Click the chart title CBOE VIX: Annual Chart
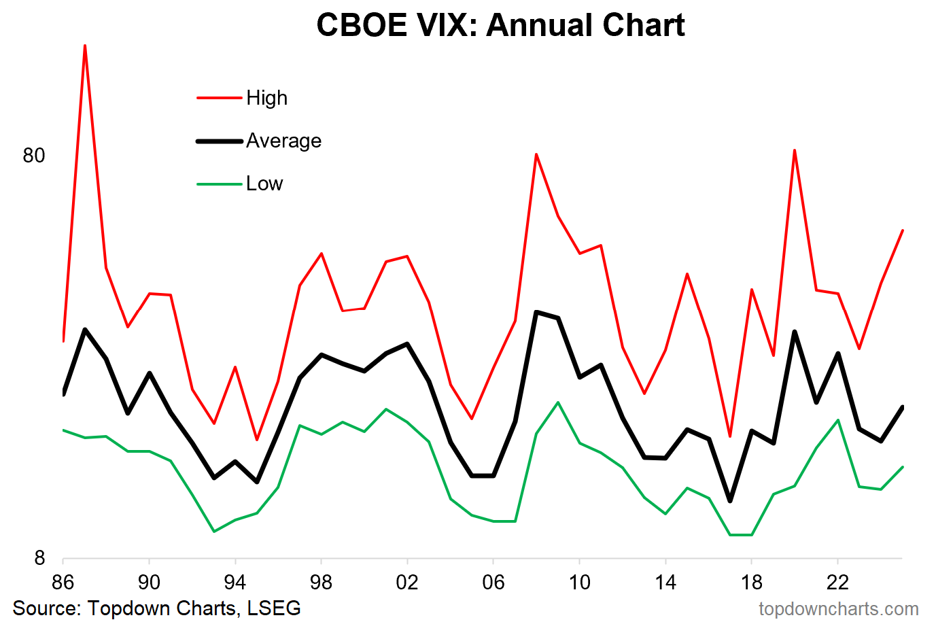(500, 26)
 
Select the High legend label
(266, 98)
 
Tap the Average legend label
(283, 141)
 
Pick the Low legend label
(264, 184)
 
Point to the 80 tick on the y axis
(34, 156)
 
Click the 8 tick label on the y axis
(39, 558)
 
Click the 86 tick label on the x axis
(63, 582)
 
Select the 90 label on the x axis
(149, 582)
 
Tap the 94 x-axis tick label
(235, 582)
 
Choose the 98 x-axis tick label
(321, 582)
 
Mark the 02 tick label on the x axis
(407, 582)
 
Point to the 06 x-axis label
(493, 582)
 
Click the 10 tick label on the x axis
(579, 582)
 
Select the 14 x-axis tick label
(665, 582)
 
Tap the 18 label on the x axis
(752, 582)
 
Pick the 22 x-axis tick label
(837, 582)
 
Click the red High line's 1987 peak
(85, 46)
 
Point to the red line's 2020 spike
(795, 150)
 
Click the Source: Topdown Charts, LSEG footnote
(157, 608)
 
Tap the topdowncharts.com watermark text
(838, 608)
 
